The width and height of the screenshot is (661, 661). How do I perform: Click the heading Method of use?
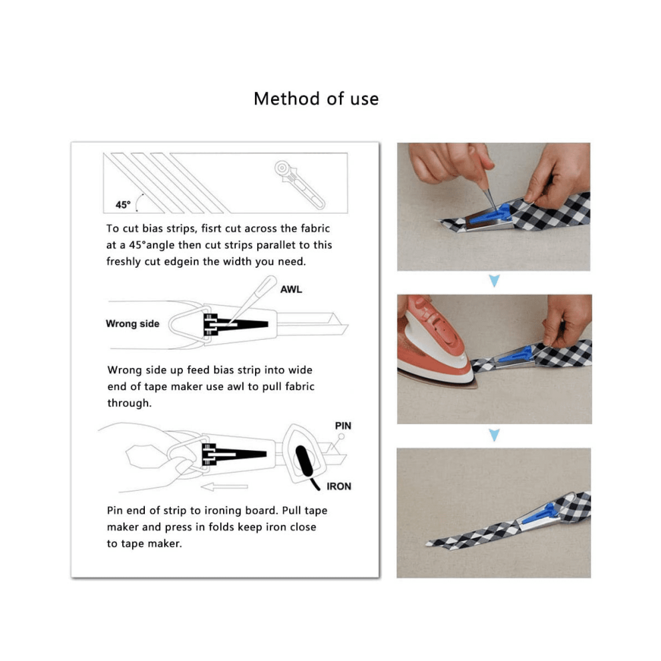[316, 99]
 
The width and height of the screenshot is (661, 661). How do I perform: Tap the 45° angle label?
[123, 205]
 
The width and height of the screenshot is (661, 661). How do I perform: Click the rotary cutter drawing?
[299, 184]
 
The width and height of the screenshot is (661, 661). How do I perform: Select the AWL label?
[291, 290]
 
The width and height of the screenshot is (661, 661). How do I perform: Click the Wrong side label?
[132, 324]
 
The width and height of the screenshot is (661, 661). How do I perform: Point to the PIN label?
[343, 426]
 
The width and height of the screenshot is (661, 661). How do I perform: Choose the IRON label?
[339, 487]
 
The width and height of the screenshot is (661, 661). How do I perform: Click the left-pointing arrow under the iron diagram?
[224, 487]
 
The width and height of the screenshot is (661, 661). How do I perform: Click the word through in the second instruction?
[130, 403]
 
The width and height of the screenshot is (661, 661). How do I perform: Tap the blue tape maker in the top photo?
[491, 214]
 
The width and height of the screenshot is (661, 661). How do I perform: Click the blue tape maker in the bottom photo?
[541, 513]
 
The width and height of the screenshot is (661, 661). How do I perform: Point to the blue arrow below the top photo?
[494, 280]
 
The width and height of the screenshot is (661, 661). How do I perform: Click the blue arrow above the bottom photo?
[494, 435]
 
